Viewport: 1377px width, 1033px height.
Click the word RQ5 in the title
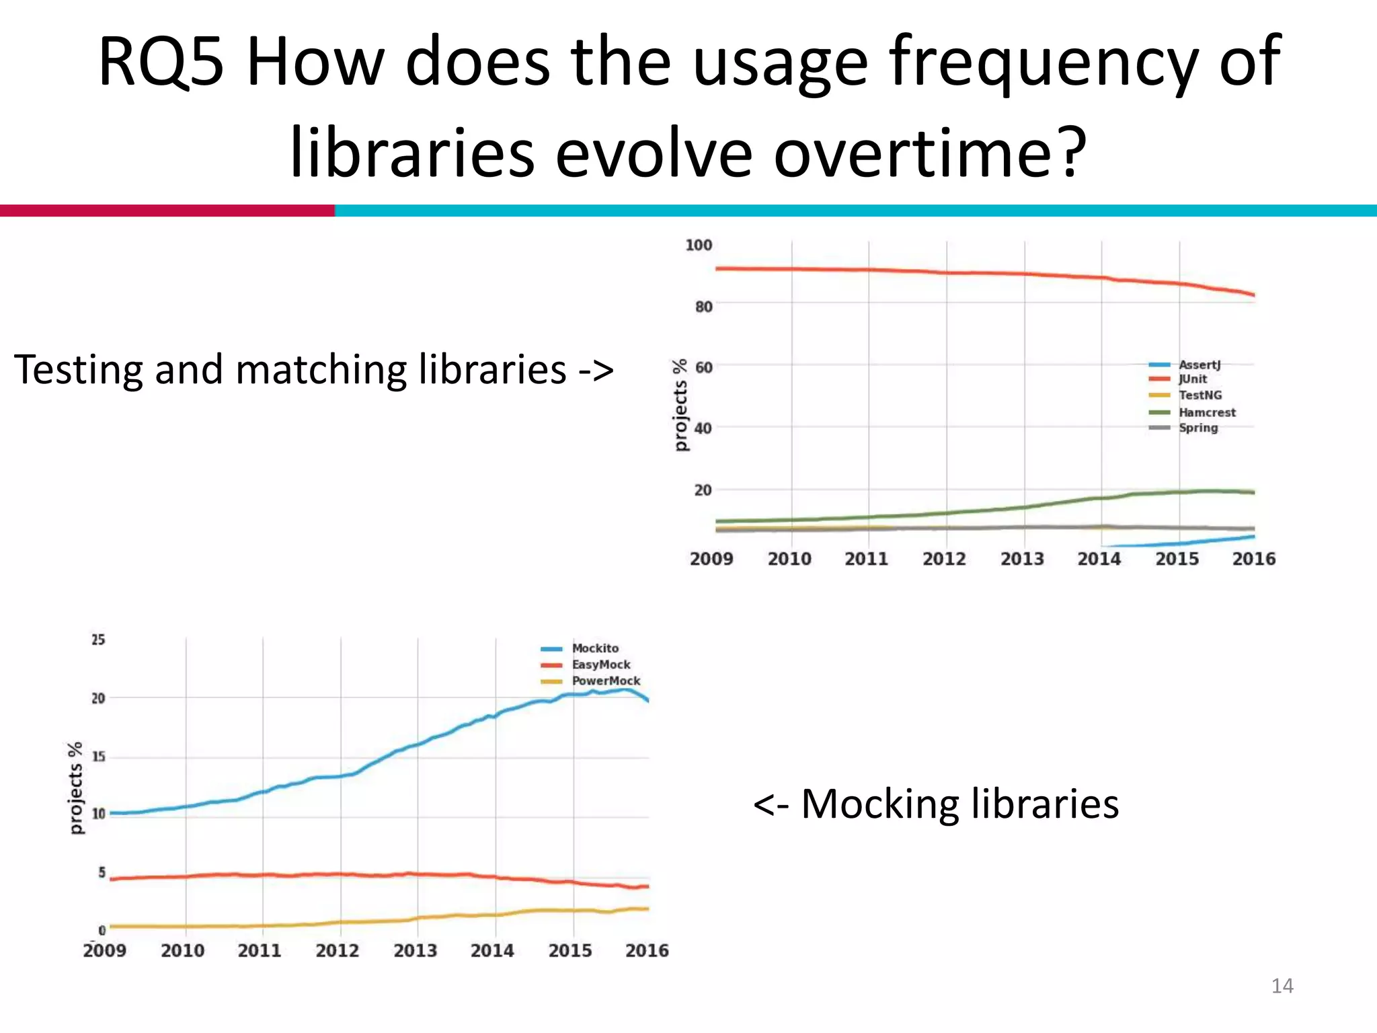point(160,62)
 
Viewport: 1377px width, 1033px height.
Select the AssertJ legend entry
point(1199,365)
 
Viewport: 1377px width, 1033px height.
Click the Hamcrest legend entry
point(1206,412)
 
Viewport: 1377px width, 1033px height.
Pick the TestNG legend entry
point(1199,395)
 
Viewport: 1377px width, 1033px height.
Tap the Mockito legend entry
point(594,648)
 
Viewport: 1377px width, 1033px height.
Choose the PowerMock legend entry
point(605,681)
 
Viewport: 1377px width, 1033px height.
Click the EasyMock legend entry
point(600,664)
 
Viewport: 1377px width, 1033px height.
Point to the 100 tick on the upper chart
point(698,245)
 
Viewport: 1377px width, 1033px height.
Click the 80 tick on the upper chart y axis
point(703,307)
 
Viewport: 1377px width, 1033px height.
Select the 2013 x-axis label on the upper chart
point(1021,559)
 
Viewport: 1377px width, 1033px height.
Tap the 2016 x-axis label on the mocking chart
point(646,950)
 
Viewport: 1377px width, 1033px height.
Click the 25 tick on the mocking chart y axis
point(98,640)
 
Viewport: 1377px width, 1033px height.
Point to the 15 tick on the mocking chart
point(98,757)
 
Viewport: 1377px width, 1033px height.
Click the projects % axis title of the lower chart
point(75,788)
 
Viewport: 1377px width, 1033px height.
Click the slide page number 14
point(1282,986)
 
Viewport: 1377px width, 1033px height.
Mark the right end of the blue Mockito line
point(647,701)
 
